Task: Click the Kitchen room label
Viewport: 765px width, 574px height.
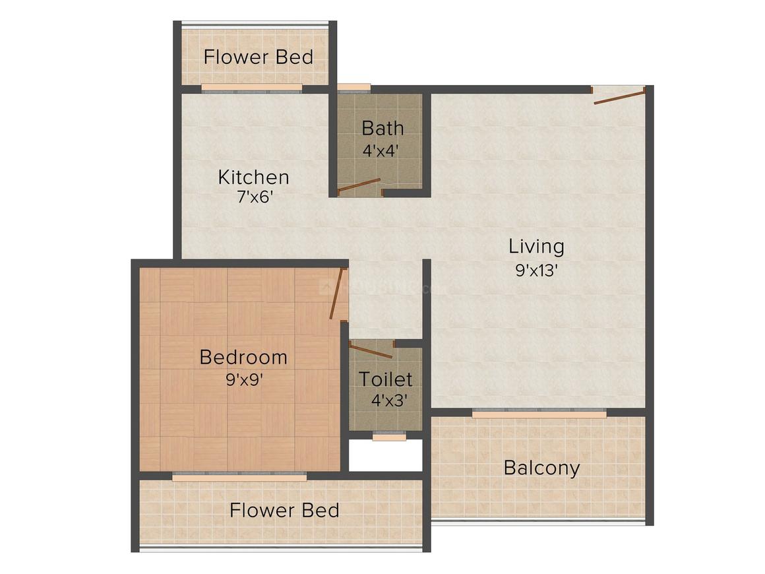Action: (x=253, y=177)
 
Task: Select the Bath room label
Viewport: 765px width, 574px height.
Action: (x=382, y=127)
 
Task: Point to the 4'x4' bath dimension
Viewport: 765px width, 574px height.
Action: (x=382, y=150)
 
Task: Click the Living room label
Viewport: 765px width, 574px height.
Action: (x=536, y=247)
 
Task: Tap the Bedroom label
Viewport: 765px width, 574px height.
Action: (x=243, y=358)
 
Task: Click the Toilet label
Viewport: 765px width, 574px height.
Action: (x=386, y=379)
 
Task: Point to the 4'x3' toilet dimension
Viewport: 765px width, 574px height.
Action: (x=386, y=400)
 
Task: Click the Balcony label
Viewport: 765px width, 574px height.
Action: (x=541, y=468)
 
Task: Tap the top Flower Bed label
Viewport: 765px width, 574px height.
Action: (x=258, y=57)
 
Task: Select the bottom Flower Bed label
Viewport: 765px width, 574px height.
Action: (x=284, y=510)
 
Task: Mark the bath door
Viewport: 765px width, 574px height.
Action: (x=359, y=186)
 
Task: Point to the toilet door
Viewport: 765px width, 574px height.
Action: (x=371, y=350)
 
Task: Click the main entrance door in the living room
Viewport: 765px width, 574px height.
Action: (x=619, y=97)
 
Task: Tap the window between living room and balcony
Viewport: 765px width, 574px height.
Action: (x=539, y=414)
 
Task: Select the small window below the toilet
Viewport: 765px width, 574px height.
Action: (x=389, y=436)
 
